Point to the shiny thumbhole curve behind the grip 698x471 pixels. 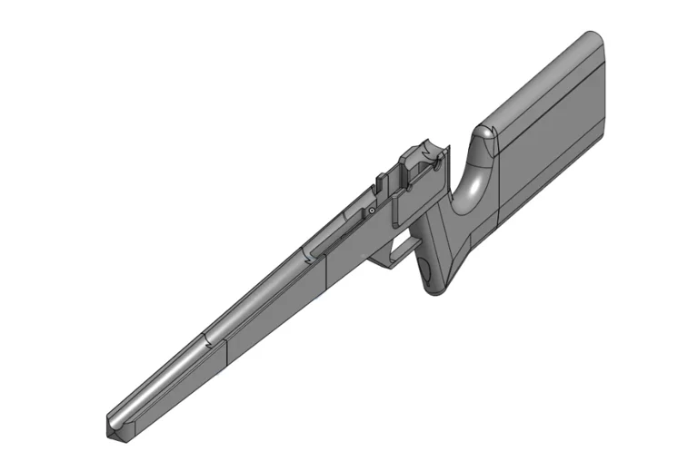point(473,186)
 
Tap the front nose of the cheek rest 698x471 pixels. point(486,133)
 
